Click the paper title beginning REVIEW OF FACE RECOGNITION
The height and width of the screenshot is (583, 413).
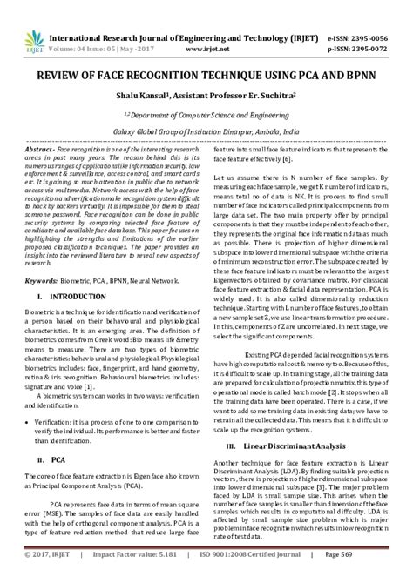tap(206, 54)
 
